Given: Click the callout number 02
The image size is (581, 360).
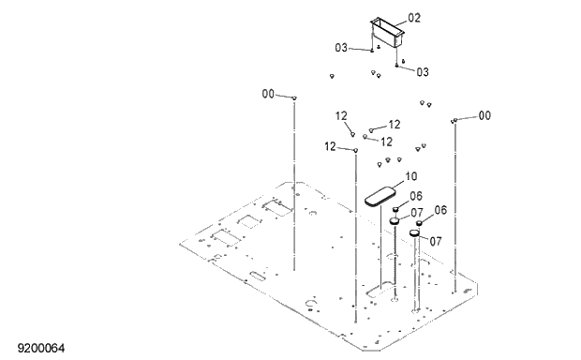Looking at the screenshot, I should [x=414, y=17].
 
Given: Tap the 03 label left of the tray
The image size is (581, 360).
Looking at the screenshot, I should [x=342, y=47].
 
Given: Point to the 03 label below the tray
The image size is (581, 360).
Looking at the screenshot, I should [x=422, y=71].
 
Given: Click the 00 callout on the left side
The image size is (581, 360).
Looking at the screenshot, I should [x=268, y=94].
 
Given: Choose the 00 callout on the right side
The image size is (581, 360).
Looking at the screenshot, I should [x=484, y=115].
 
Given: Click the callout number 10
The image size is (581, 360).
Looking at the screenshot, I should [x=410, y=175].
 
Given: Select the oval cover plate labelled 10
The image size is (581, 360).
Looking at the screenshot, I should [x=382, y=197].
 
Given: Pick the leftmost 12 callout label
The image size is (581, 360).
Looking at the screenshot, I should [x=330, y=146].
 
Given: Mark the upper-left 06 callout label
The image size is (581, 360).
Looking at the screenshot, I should [x=415, y=196].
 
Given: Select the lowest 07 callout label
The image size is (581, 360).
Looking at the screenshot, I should [x=434, y=241].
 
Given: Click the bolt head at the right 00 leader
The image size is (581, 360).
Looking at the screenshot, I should [x=454, y=120].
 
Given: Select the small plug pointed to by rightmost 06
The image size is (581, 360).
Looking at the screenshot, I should [x=419, y=223].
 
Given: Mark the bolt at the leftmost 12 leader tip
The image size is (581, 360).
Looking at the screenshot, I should [x=356, y=149].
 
